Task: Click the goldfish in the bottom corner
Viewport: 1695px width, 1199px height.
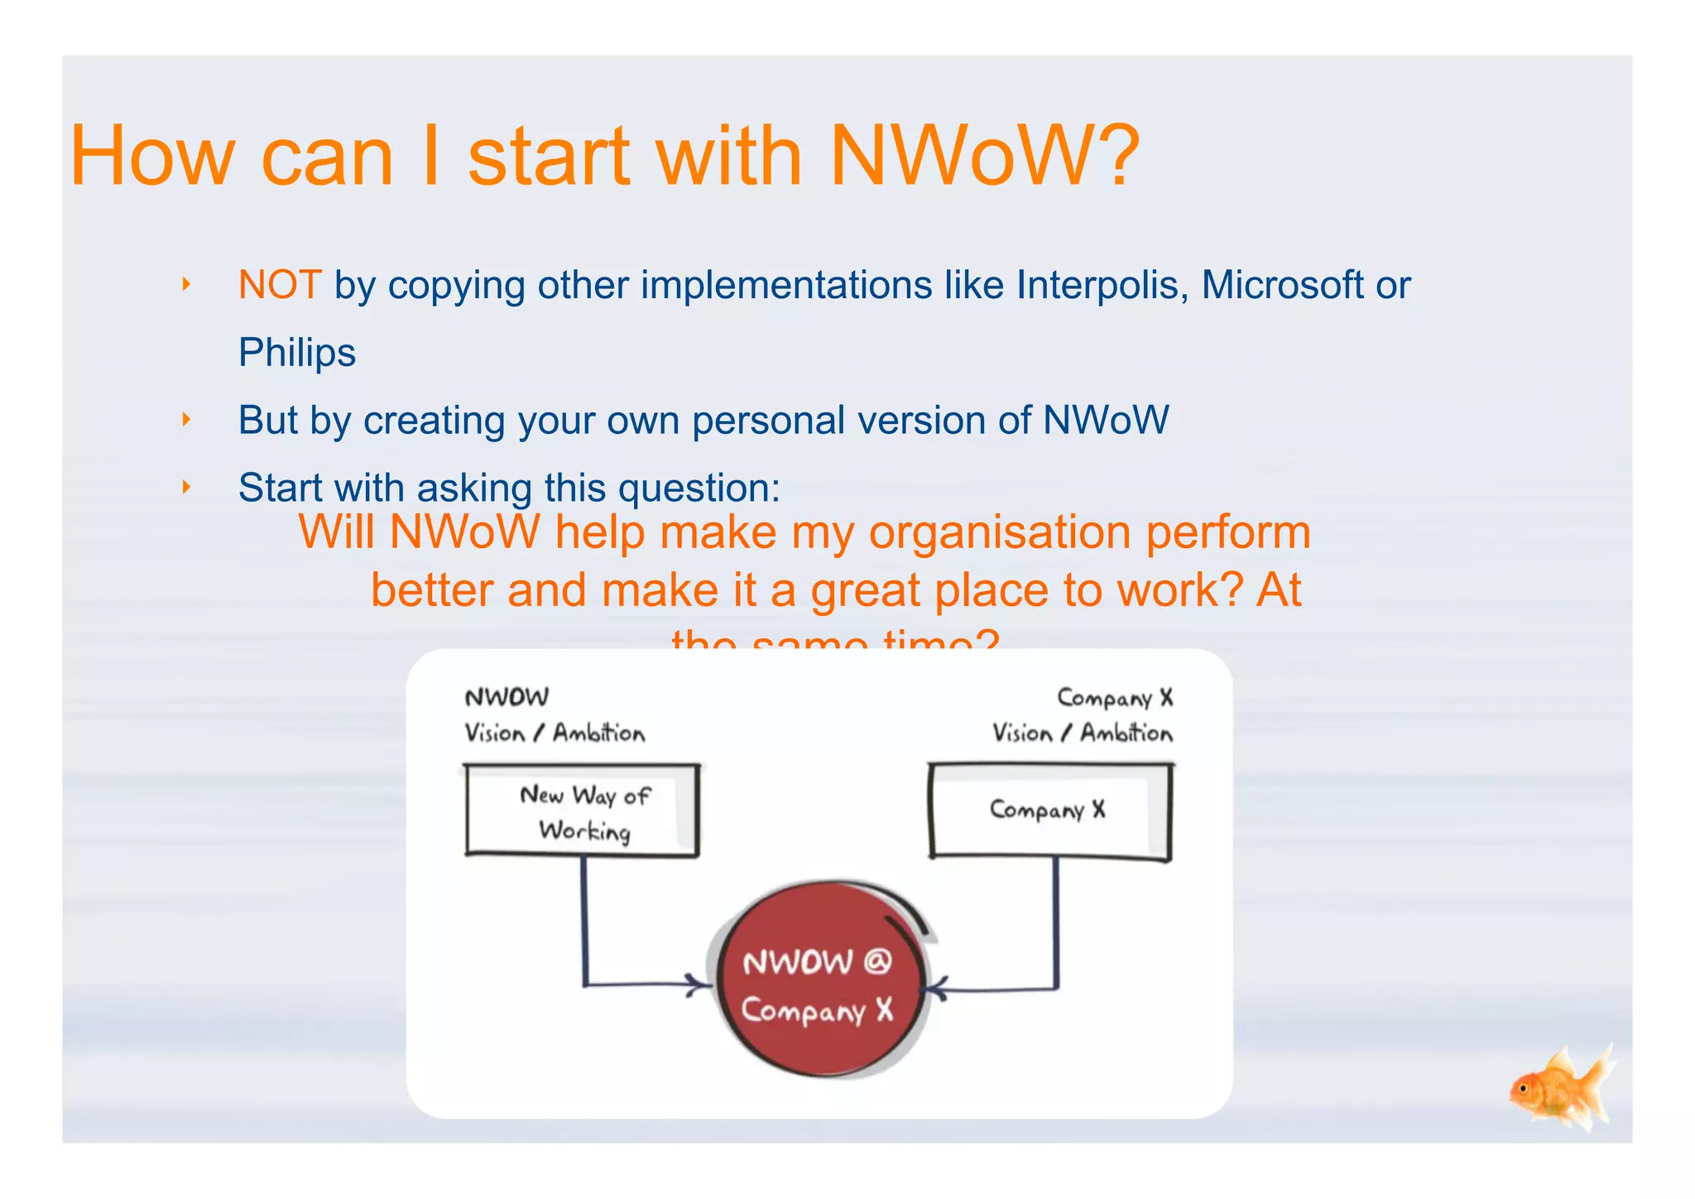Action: (x=1560, y=1089)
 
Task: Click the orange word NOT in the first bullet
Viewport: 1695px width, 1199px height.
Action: (x=279, y=286)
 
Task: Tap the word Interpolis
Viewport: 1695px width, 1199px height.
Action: (x=1102, y=286)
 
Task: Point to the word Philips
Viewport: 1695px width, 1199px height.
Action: (x=296, y=354)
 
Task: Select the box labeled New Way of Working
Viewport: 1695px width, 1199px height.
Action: (x=583, y=811)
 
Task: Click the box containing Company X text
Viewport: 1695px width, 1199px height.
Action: (x=1049, y=811)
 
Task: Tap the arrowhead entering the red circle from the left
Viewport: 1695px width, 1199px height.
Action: (x=702, y=985)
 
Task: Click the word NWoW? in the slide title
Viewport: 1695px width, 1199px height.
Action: (x=985, y=156)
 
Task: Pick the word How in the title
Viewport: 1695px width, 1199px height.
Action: (x=152, y=156)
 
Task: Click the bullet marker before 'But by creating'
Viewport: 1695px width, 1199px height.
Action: (x=186, y=420)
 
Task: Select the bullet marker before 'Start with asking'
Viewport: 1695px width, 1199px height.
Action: (x=186, y=487)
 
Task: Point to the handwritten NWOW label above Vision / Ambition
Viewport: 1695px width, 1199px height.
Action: (x=507, y=697)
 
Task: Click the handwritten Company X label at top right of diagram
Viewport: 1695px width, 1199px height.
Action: (x=1115, y=698)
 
